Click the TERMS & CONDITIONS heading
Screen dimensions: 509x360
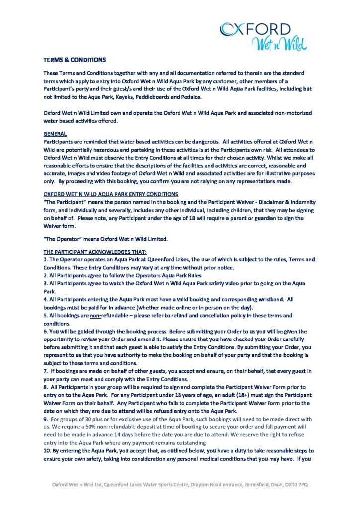pos(75,60)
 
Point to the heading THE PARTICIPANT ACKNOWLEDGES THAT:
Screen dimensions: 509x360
pos(95,253)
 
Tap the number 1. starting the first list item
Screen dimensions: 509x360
pos(46,259)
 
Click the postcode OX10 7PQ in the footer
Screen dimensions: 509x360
pos(296,484)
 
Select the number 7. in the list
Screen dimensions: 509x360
pos(46,371)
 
